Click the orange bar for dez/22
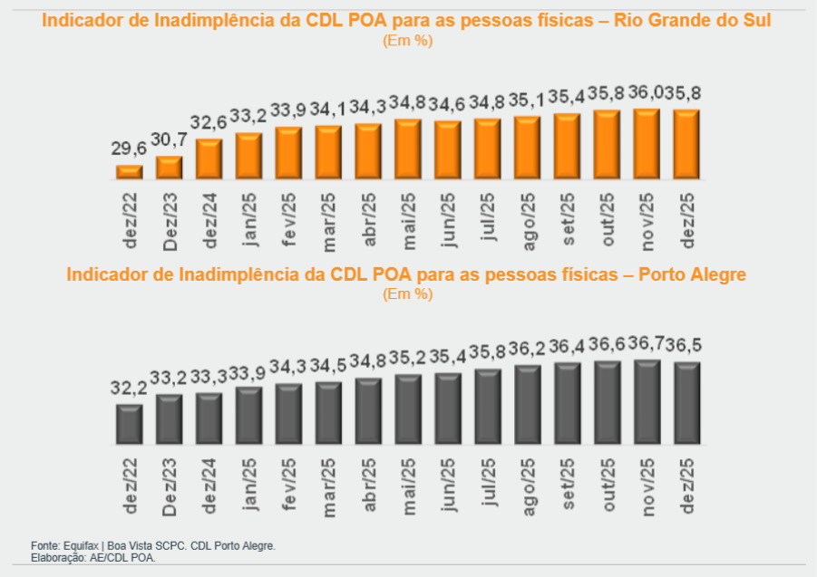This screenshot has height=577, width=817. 130,171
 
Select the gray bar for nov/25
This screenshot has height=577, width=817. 647,402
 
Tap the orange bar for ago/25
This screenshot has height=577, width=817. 528,147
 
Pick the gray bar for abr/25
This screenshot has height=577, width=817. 368,411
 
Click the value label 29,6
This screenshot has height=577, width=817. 128,149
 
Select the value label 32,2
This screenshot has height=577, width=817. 128,389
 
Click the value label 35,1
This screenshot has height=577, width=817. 528,101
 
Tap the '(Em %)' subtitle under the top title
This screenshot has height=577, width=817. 407,41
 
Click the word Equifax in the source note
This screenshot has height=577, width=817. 82,546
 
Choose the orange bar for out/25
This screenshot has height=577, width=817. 608,143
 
